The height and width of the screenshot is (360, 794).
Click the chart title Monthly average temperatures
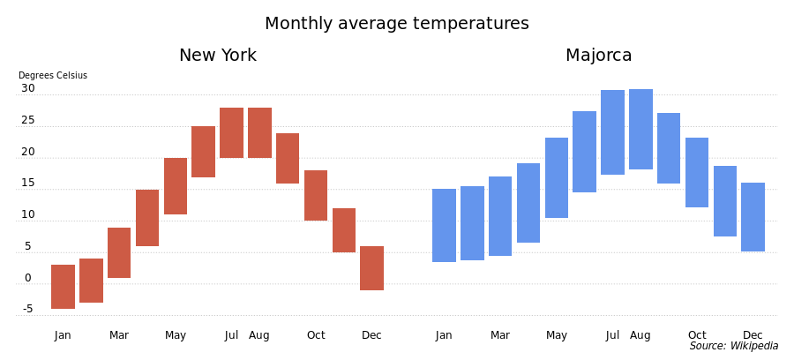[x=396, y=23]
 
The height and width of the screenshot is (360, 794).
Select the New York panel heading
[x=218, y=55]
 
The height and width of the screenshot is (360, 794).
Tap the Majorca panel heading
[x=598, y=55]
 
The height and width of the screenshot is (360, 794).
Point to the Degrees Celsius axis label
[x=53, y=76]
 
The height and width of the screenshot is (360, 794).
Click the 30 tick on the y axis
[x=28, y=88]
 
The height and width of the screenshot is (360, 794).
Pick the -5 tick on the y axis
[x=27, y=309]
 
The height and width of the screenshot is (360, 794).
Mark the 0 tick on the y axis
[x=28, y=278]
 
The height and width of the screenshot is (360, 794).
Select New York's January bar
[x=64, y=287]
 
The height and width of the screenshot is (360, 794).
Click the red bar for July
[x=231, y=132]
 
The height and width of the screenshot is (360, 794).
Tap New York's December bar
[x=372, y=268]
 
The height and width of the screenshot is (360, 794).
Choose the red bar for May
[x=176, y=186]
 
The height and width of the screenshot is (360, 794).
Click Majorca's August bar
[x=641, y=129]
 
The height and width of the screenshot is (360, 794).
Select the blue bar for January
[x=444, y=225]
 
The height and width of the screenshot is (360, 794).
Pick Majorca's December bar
[x=753, y=217]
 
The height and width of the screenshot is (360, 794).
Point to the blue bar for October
[x=697, y=173]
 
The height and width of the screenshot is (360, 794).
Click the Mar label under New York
[x=119, y=335]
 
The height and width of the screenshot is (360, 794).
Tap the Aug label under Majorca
[x=640, y=335]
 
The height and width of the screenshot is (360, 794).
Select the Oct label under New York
[x=316, y=335]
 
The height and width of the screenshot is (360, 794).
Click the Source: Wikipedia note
[x=734, y=346]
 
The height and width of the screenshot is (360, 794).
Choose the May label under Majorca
[x=557, y=335]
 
